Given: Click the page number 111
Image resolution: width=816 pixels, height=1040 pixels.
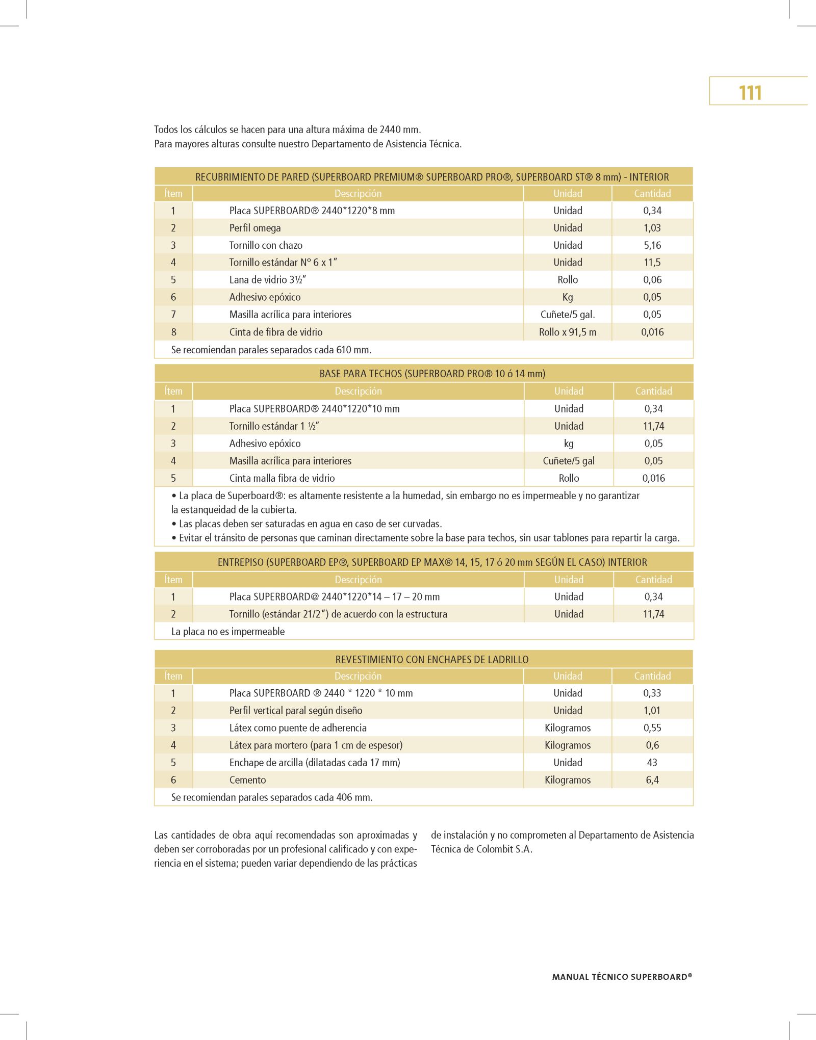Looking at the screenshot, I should [750, 93].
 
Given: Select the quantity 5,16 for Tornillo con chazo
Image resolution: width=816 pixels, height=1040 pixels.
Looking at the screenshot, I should [652, 245].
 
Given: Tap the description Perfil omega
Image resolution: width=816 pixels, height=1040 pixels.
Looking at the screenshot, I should [255, 228].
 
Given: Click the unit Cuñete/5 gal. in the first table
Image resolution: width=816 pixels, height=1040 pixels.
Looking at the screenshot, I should [568, 315].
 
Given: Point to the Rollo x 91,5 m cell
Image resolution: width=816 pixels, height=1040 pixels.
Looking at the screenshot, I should [568, 332].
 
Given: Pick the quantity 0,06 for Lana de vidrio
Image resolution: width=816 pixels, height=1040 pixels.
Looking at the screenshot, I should [652, 280].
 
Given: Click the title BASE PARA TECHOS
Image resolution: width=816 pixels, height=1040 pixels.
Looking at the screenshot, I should [432, 374].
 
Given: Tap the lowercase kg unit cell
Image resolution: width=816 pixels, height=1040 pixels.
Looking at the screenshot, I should [569, 444].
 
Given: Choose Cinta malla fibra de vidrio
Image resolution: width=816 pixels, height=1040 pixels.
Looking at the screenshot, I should [282, 478].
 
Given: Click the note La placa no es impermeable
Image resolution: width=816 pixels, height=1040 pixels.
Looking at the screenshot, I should [228, 632].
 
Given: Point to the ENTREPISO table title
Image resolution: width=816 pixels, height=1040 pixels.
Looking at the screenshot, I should [432, 562].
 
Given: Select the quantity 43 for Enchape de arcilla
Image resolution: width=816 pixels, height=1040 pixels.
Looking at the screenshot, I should [652, 763].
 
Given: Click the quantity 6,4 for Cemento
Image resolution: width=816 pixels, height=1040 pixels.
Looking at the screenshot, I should [652, 780].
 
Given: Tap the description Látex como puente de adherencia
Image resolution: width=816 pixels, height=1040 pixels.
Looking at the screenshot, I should [298, 728].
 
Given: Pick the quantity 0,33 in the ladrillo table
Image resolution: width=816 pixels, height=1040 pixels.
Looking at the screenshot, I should [652, 693].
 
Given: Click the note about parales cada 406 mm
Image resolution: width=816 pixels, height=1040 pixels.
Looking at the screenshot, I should [272, 797].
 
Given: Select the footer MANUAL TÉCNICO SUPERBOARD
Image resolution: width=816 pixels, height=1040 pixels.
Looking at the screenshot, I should [622, 977].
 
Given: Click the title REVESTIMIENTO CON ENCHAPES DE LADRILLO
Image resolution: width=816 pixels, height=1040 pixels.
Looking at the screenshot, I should [432, 660].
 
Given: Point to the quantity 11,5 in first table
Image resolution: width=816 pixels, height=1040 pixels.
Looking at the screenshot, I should [652, 263].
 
